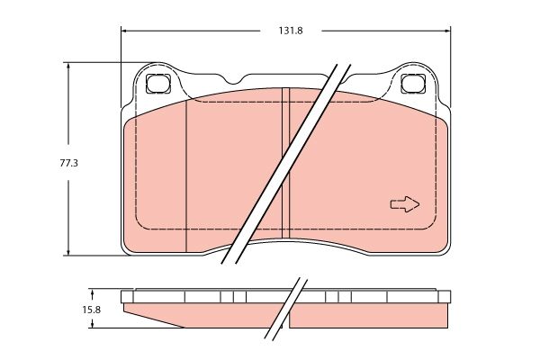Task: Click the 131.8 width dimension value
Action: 291,31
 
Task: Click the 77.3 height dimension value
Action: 69,163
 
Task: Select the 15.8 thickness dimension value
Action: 91,310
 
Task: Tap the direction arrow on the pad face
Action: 405,204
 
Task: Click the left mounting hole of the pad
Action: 158,84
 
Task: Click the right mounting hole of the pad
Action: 412,84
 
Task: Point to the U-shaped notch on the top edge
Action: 235,80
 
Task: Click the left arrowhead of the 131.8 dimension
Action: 124,31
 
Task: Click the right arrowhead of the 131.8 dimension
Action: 447,31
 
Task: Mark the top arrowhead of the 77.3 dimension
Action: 68,66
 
